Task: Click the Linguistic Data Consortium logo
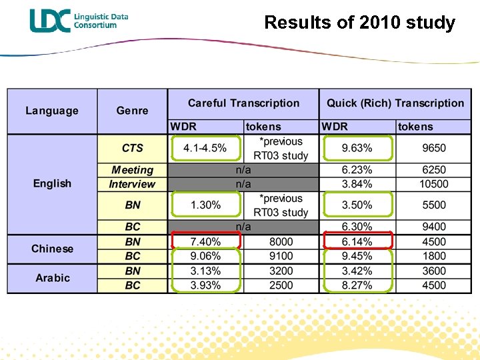click(79, 21)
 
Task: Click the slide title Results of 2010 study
click(359, 23)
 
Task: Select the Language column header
click(52, 111)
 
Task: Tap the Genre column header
click(132, 111)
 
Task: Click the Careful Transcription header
click(243, 103)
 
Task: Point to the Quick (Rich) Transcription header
click(395, 103)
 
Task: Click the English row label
click(52, 183)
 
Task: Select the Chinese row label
click(52, 249)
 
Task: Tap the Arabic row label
click(52, 278)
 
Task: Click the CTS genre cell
click(132, 148)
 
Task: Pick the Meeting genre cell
click(132, 170)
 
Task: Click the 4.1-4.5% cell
click(205, 148)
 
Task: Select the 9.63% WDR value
click(357, 148)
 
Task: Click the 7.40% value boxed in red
click(205, 241)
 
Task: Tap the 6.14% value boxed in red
click(357, 241)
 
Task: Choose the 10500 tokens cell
click(434, 184)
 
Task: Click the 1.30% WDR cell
click(205, 205)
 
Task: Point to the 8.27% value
click(357, 285)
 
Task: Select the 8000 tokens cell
click(281, 241)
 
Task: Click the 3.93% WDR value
click(205, 285)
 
